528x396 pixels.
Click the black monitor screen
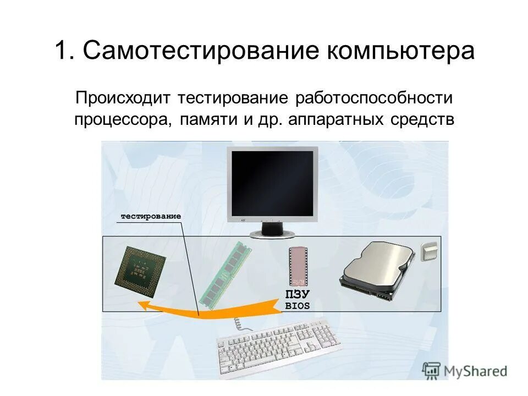[272, 183]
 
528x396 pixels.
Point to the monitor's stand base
[272, 233]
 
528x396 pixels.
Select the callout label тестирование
[151, 217]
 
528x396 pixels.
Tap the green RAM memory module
[224, 274]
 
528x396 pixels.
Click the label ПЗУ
[298, 294]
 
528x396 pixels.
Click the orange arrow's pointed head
[145, 306]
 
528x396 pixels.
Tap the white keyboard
[279, 340]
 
